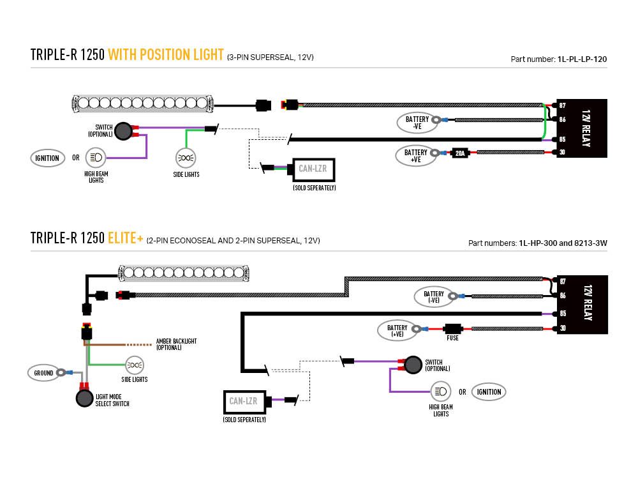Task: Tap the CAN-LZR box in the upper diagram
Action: pyautogui.click(x=313, y=169)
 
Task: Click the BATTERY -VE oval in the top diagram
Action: pyautogui.click(x=417, y=122)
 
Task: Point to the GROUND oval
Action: pyautogui.click(x=44, y=372)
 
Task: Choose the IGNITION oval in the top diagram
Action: pyautogui.click(x=48, y=158)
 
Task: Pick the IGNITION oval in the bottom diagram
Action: pyautogui.click(x=489, y=392)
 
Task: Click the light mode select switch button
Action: pyautogui.click(x=84, y=399)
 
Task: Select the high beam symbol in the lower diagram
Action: pyautogui.click(x=440, y=392)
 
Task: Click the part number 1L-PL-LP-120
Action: pyautogui.click(x=581, y=59)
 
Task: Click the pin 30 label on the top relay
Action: pyautogui.click(x=562, y=152)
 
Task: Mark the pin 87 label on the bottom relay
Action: pyautogui.click(x=562, y=281)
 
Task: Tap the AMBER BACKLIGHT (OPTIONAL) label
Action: pyautogui.click(x=176, y=344)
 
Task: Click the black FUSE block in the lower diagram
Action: pyautogui.click(x=452, y=328)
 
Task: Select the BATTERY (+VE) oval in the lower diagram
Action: pyautogui.click(x=397, y=330)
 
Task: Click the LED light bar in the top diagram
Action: pyautogui.click(x=143, y=102)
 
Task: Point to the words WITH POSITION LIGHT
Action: pyautogui.click(x=166, y=55)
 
